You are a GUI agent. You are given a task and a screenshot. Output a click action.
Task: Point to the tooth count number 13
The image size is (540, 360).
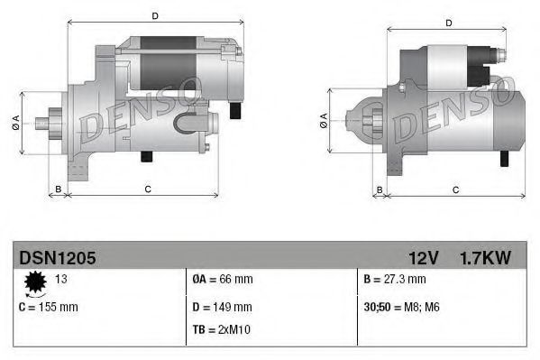[x=61, y=281]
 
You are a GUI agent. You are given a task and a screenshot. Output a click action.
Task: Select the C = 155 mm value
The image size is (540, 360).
[x=49, y=307]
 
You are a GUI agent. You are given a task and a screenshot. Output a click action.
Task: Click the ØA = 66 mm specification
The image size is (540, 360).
[x=223, y=281]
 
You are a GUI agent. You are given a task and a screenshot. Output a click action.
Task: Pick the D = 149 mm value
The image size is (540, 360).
[x=223, y=307]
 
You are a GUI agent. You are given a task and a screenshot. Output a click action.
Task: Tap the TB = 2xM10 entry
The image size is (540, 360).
[x=222, y=329]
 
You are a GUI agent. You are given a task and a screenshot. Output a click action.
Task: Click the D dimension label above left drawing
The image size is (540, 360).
[x=155, y=16]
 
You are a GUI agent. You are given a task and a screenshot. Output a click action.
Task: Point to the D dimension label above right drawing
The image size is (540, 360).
[x=448, y=23]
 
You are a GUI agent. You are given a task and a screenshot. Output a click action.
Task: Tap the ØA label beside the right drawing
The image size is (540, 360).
[x=324, y=120]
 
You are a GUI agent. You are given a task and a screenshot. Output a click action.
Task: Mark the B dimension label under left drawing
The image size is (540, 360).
[x=58, y=189]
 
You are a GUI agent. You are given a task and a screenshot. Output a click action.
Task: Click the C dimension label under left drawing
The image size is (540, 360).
[x=147, y=189]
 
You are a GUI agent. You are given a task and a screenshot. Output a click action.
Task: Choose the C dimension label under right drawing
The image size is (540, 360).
[x=455, y=189]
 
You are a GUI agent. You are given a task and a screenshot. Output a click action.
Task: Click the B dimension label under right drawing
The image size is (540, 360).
[x=380, y=189]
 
